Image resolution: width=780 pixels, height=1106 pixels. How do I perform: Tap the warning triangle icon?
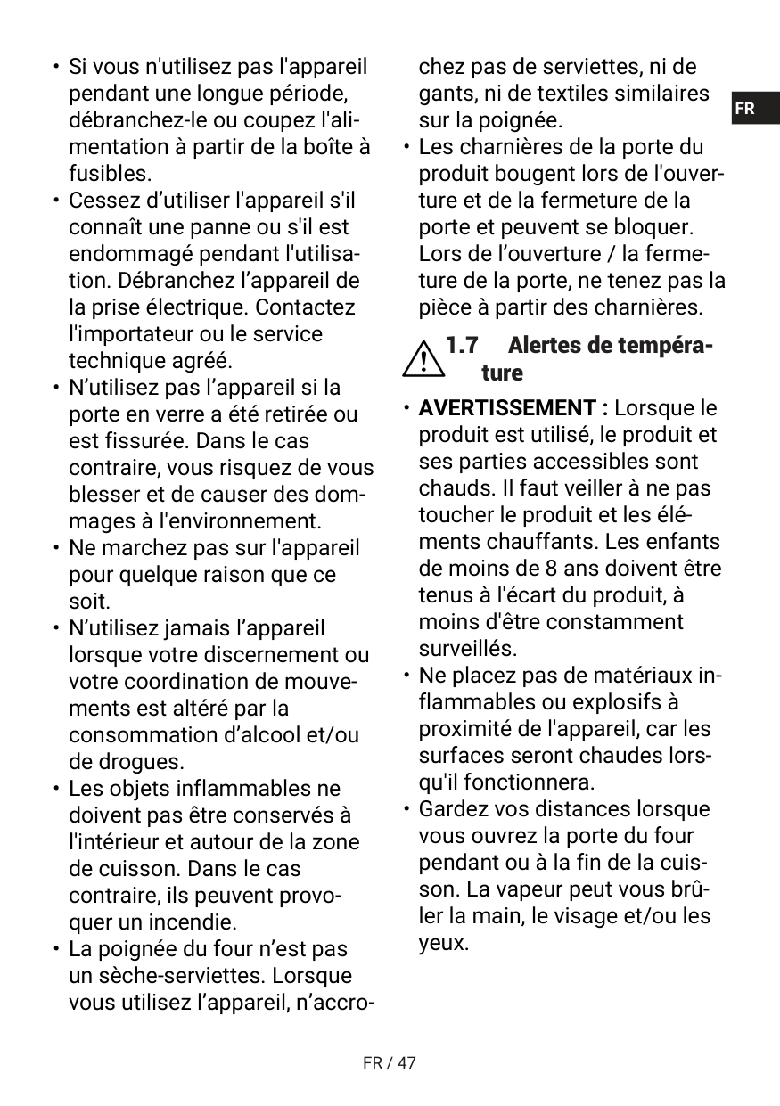424,358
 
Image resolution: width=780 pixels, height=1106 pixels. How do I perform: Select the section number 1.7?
462,345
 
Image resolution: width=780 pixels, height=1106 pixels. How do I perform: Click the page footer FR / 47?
390,1062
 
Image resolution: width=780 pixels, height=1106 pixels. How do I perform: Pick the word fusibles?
110,173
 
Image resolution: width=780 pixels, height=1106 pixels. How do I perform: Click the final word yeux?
442,943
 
